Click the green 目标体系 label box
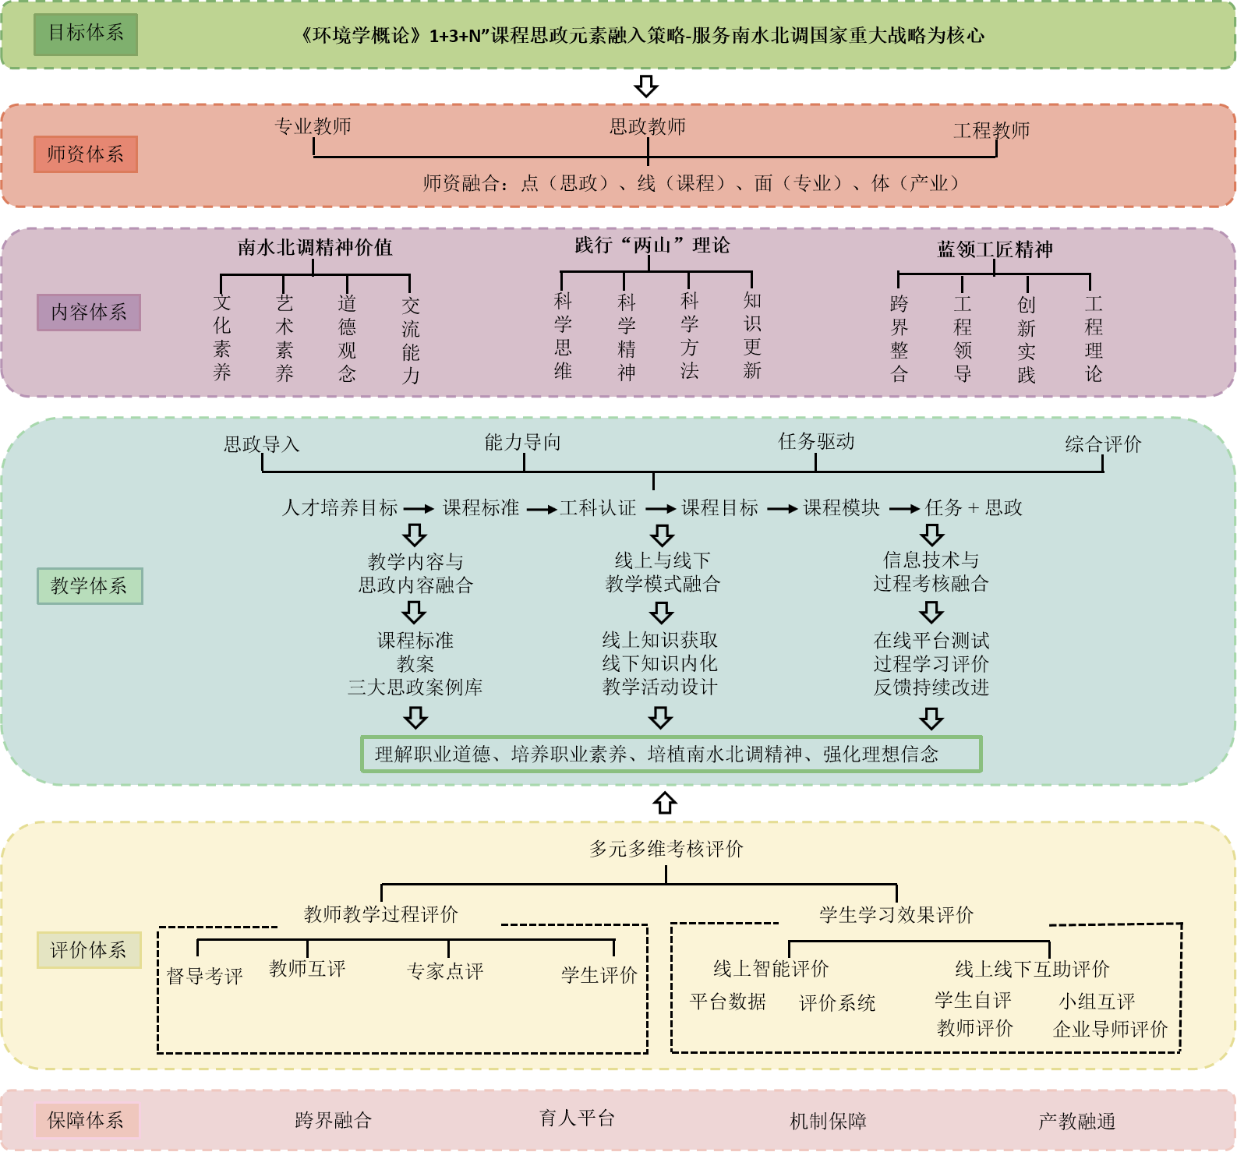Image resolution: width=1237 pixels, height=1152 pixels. click(x=86, y=34)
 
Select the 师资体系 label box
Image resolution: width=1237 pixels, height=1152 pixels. click(x=86, y=154)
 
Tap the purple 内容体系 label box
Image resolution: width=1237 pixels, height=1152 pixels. click(x=89, y=313)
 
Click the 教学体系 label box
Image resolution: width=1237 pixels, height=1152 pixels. click(x=90, y=586)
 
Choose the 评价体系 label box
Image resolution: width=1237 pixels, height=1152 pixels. click(x=89, y=950)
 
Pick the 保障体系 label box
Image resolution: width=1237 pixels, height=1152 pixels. click(x=86, y=1121)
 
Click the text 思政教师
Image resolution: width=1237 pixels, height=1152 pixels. click(x=648, y=126)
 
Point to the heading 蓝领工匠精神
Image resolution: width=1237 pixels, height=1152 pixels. click(x=995, y=249)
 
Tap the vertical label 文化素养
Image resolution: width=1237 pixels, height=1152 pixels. click(x=222, y=337)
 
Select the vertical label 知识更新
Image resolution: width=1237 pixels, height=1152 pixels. click(x=752, y=335)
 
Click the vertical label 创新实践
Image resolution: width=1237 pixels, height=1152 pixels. click(x=1027, y=339)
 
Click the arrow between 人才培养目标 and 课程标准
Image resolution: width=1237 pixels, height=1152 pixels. click(x=419, y=509)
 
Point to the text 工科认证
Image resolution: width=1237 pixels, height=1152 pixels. click(x=598, y=508)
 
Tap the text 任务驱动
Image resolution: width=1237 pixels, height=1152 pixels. click(x=816, y=442)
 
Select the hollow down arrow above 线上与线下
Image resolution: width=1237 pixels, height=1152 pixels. click(x=662, y=535)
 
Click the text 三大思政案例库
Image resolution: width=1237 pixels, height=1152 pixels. click(x=415, y=687)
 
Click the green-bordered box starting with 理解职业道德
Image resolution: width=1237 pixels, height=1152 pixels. click(x=670, y=754)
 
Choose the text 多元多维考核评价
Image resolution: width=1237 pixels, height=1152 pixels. click(x=666, y=849)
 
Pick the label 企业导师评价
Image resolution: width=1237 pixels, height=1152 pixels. click(x=1110, y=1030)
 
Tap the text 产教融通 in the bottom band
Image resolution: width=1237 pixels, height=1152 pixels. click(x=1076, y=1122)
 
